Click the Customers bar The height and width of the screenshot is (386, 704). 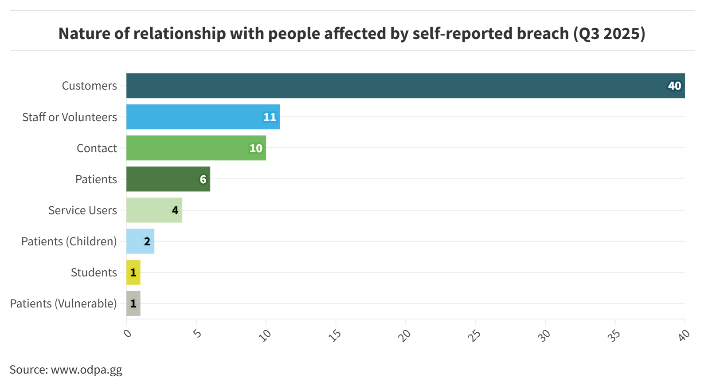pyautogui.click(x=399, y=86)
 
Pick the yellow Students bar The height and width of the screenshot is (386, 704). pyautogui.click(x=133, y=272)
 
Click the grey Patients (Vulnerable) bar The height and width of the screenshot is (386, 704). pyautogui.click(x=133, y=303)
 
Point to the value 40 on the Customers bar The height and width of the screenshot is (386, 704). pyautogui.click(x=674, y=86)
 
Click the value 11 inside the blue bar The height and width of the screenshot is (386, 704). pyautogui.click(x=270, y=117)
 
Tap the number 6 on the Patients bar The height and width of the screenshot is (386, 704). pyautogui.click(x=203, y=179)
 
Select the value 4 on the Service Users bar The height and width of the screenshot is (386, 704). pyautogui.click(x=175, y=210)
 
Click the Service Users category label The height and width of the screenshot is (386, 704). pyautogui.click(x=82, y=210)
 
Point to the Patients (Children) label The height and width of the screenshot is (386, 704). pyautogui.click(x=69, y=241)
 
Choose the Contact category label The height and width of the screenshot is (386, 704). pyautogui.click(x=97, y=148)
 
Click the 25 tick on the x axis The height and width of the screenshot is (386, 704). pyautogui.click(x=474, y=335)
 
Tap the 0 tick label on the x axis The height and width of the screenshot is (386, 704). pyautogui.click(x=128, y=332)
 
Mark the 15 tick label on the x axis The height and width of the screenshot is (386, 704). pyautogui.click(x=335, y=335)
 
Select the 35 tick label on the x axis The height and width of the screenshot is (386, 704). pyautogui.click(x=614, y=335)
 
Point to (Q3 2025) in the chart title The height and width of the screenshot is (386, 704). pyautogui.click(x=609, y=34)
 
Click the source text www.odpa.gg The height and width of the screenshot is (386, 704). pyautogui.click(x=86, y=370)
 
